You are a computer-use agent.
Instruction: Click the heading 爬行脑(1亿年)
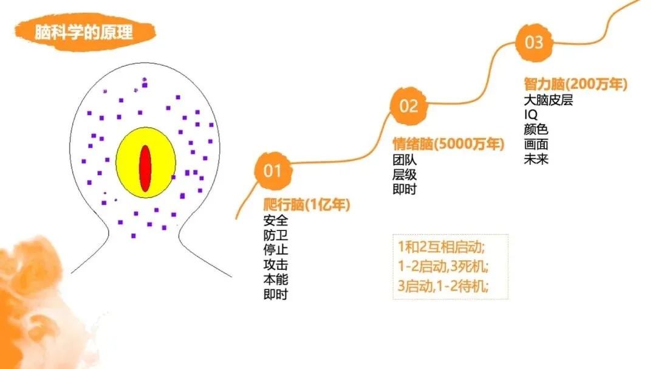307,205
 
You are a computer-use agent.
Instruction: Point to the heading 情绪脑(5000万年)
448,145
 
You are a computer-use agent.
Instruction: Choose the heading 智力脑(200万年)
575,84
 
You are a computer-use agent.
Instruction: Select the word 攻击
276,264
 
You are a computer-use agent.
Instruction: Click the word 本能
276,280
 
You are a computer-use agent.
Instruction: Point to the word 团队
405,160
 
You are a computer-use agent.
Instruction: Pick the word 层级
405,174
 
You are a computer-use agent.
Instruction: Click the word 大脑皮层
548,100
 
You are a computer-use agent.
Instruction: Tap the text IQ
530,114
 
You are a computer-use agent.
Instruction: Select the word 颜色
536,129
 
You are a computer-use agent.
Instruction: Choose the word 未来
536,159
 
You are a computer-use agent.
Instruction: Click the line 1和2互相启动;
440,247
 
